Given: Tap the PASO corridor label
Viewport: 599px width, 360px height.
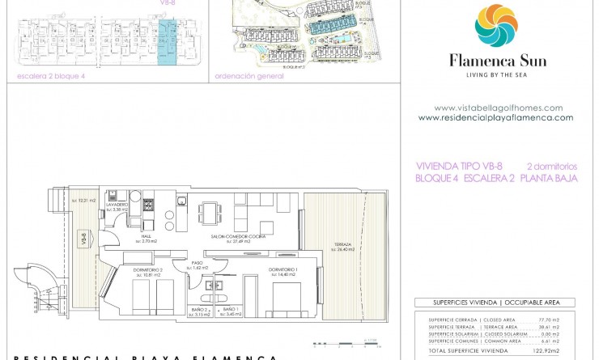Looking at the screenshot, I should [x=198, y=264].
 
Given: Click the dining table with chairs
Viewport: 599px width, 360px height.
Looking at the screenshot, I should [x=209, y=214].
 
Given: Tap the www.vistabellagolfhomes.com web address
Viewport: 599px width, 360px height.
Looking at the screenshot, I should [x=498, y=108].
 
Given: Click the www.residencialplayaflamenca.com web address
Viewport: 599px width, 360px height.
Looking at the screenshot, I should [x=495, y=117].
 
